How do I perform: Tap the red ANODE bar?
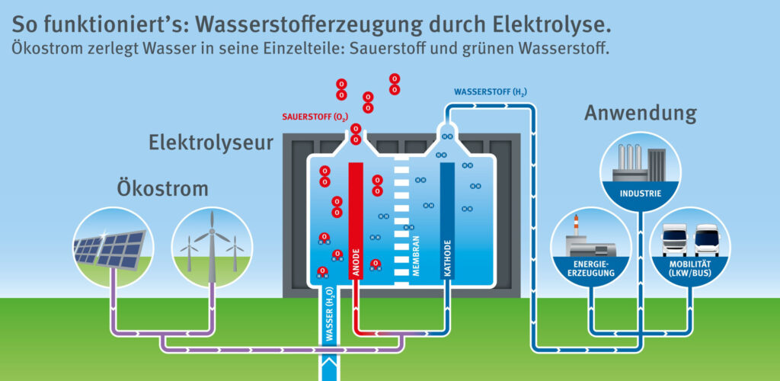pyautogui.click(x=355, y=221)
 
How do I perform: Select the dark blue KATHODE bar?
pyautogui.click(x=447, y=221)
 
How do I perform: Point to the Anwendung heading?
pyautogui.click(x=640, y=114)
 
